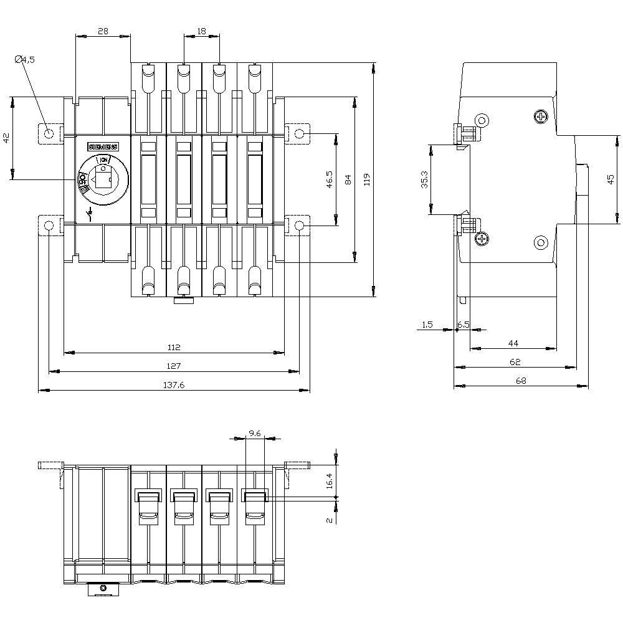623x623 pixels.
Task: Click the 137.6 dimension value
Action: click(174, 385)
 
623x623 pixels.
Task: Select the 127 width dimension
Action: click(174, 366)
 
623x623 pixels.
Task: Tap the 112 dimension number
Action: click(174, 347)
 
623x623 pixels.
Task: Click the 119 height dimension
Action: click(367, 179)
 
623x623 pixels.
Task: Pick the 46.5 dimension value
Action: click(330, 179)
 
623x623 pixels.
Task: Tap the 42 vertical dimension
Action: click(6, 138)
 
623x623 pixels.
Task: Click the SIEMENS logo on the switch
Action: click(103, 146)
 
